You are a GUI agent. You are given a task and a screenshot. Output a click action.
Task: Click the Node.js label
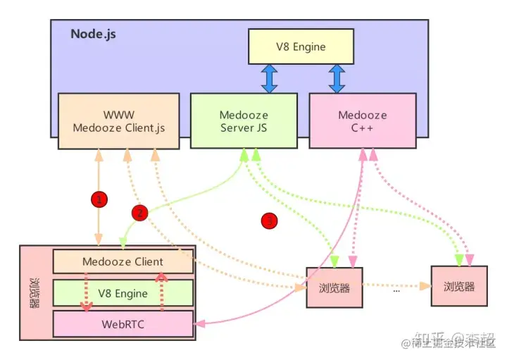pyautogui.click(x=93, y=34)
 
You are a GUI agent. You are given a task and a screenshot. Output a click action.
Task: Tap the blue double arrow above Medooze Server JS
pyautogui.click(x=269, y=80)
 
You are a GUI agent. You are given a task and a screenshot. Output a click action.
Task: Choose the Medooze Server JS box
pyautogui.click(x=244, y=121)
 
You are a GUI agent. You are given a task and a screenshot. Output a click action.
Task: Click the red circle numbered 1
pyautogui.click(x=100, y=199)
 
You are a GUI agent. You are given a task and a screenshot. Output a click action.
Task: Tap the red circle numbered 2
pyautogui.click(x=139, y=211)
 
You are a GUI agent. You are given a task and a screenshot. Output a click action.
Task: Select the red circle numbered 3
pyautogui.click(x=269, y=221)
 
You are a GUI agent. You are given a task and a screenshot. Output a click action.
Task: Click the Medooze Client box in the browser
pyautogui.click(x=123, y=261)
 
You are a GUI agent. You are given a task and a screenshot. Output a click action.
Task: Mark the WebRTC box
pyautogui.click(x=123, y=323)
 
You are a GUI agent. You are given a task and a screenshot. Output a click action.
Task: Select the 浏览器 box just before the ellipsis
pyautogui.click(x=334, y=287)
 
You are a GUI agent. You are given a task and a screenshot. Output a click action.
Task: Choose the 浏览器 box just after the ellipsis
pyautogui.click(x=459, y=287)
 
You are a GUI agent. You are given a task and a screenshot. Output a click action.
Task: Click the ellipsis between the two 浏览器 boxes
pyautogui.click(x=396, y=288)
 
